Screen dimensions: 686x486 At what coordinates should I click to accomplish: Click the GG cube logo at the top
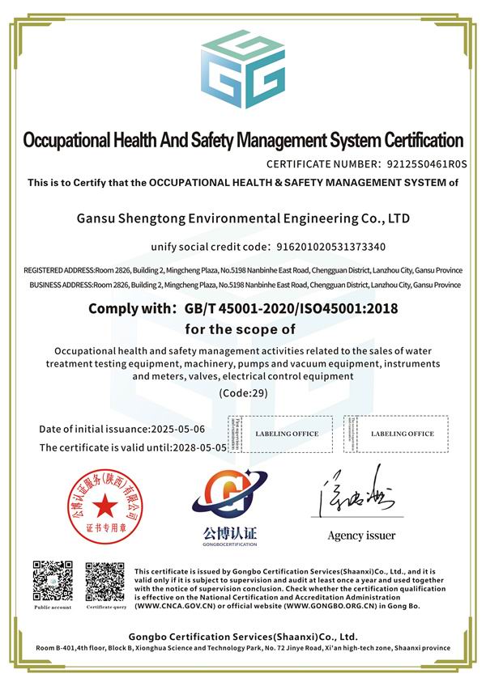[x=243, y=70]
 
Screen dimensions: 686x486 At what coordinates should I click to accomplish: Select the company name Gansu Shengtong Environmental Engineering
[x=243, y=218]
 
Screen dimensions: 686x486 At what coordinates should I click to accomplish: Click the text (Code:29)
[x=243, y=392]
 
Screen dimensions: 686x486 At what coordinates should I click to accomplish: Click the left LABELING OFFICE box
[x=287, y=434]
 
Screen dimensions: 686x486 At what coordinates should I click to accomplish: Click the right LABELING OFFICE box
[x=402, y=434]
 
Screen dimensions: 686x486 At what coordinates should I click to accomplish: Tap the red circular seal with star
[x=103, y=506]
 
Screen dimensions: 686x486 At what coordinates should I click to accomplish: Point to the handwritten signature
[x=360, y=497]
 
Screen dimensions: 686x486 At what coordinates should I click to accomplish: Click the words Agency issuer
[x=361, y=536]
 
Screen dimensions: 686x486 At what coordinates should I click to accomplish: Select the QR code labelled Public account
[x=53, y=580]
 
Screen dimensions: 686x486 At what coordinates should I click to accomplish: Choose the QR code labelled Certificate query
[x=106, y=580]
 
